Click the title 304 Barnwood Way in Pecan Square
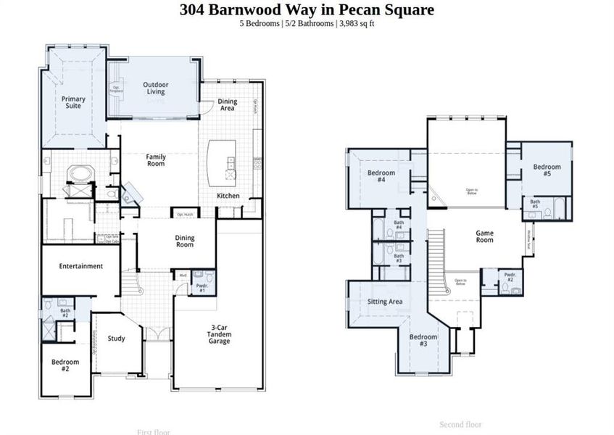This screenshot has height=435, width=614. [307, 10]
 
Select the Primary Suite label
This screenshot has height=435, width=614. [73, 102]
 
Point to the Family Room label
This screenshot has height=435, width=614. [156, 160]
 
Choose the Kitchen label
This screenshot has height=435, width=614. [228, 196]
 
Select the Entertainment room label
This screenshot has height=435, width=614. [81, 266]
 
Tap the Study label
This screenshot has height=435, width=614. [117, 338]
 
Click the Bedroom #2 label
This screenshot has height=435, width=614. [65, 365]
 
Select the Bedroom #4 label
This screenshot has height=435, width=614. [381, 176]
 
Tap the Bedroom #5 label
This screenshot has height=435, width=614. [547, 170]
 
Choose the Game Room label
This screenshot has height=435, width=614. [484, 236]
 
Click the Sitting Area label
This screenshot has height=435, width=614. [384, 302]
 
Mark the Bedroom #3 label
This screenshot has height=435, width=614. [423, 340]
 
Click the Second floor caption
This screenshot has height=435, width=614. [460, 424]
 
